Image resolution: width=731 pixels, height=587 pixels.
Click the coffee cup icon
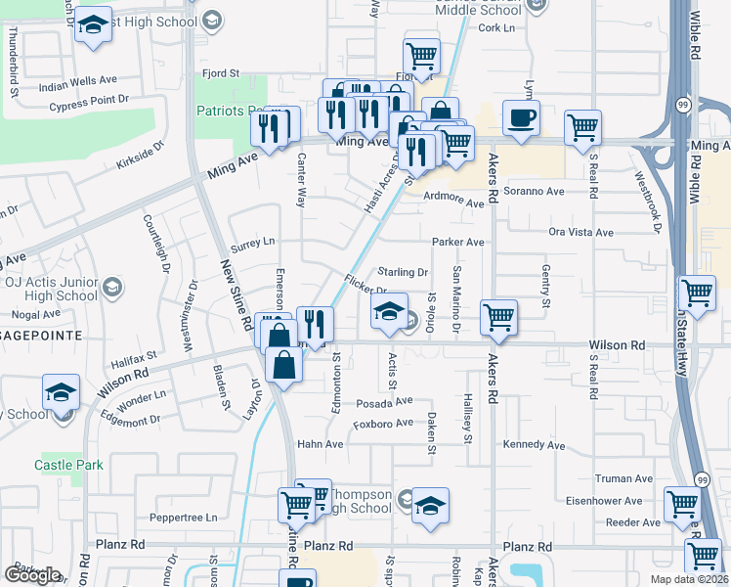[x=520, y=118]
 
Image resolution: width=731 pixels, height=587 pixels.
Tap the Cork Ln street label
[x=496, y=28]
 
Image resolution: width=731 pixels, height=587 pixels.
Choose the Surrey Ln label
[x=253, y=241]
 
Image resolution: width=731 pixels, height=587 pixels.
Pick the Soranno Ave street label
[x=536, y=192]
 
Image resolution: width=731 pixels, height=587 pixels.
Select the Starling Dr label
[x=403, y=272]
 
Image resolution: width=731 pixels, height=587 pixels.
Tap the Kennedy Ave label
[x=534, y=446]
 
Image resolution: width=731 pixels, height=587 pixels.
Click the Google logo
[x=32, y=575]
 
